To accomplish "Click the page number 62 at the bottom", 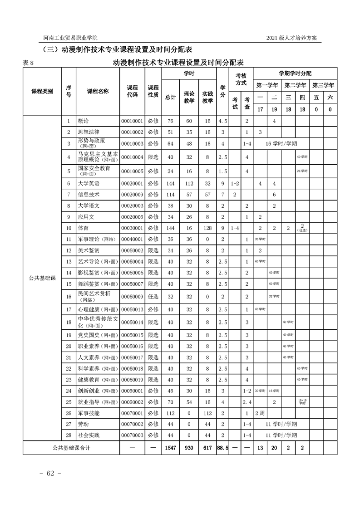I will (x=47, y=473).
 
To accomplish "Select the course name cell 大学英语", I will (x=89, y=184).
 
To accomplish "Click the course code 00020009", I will (x=132, y=195).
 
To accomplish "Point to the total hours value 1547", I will (x=170, y=447).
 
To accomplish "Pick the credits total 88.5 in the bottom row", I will (x=222, y=447).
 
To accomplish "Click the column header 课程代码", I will (x=132, y=91).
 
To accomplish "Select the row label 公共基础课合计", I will (x=71, y=447).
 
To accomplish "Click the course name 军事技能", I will (x=89, y=413).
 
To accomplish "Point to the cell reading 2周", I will (x=260, y=413).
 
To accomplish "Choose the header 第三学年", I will (x=323, y=85).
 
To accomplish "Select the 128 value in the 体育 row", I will (x=207, y=228).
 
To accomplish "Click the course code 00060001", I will (x=132, y=391).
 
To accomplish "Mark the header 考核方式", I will (x=241, y=79).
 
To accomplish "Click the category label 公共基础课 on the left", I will (x=42, y=278).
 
